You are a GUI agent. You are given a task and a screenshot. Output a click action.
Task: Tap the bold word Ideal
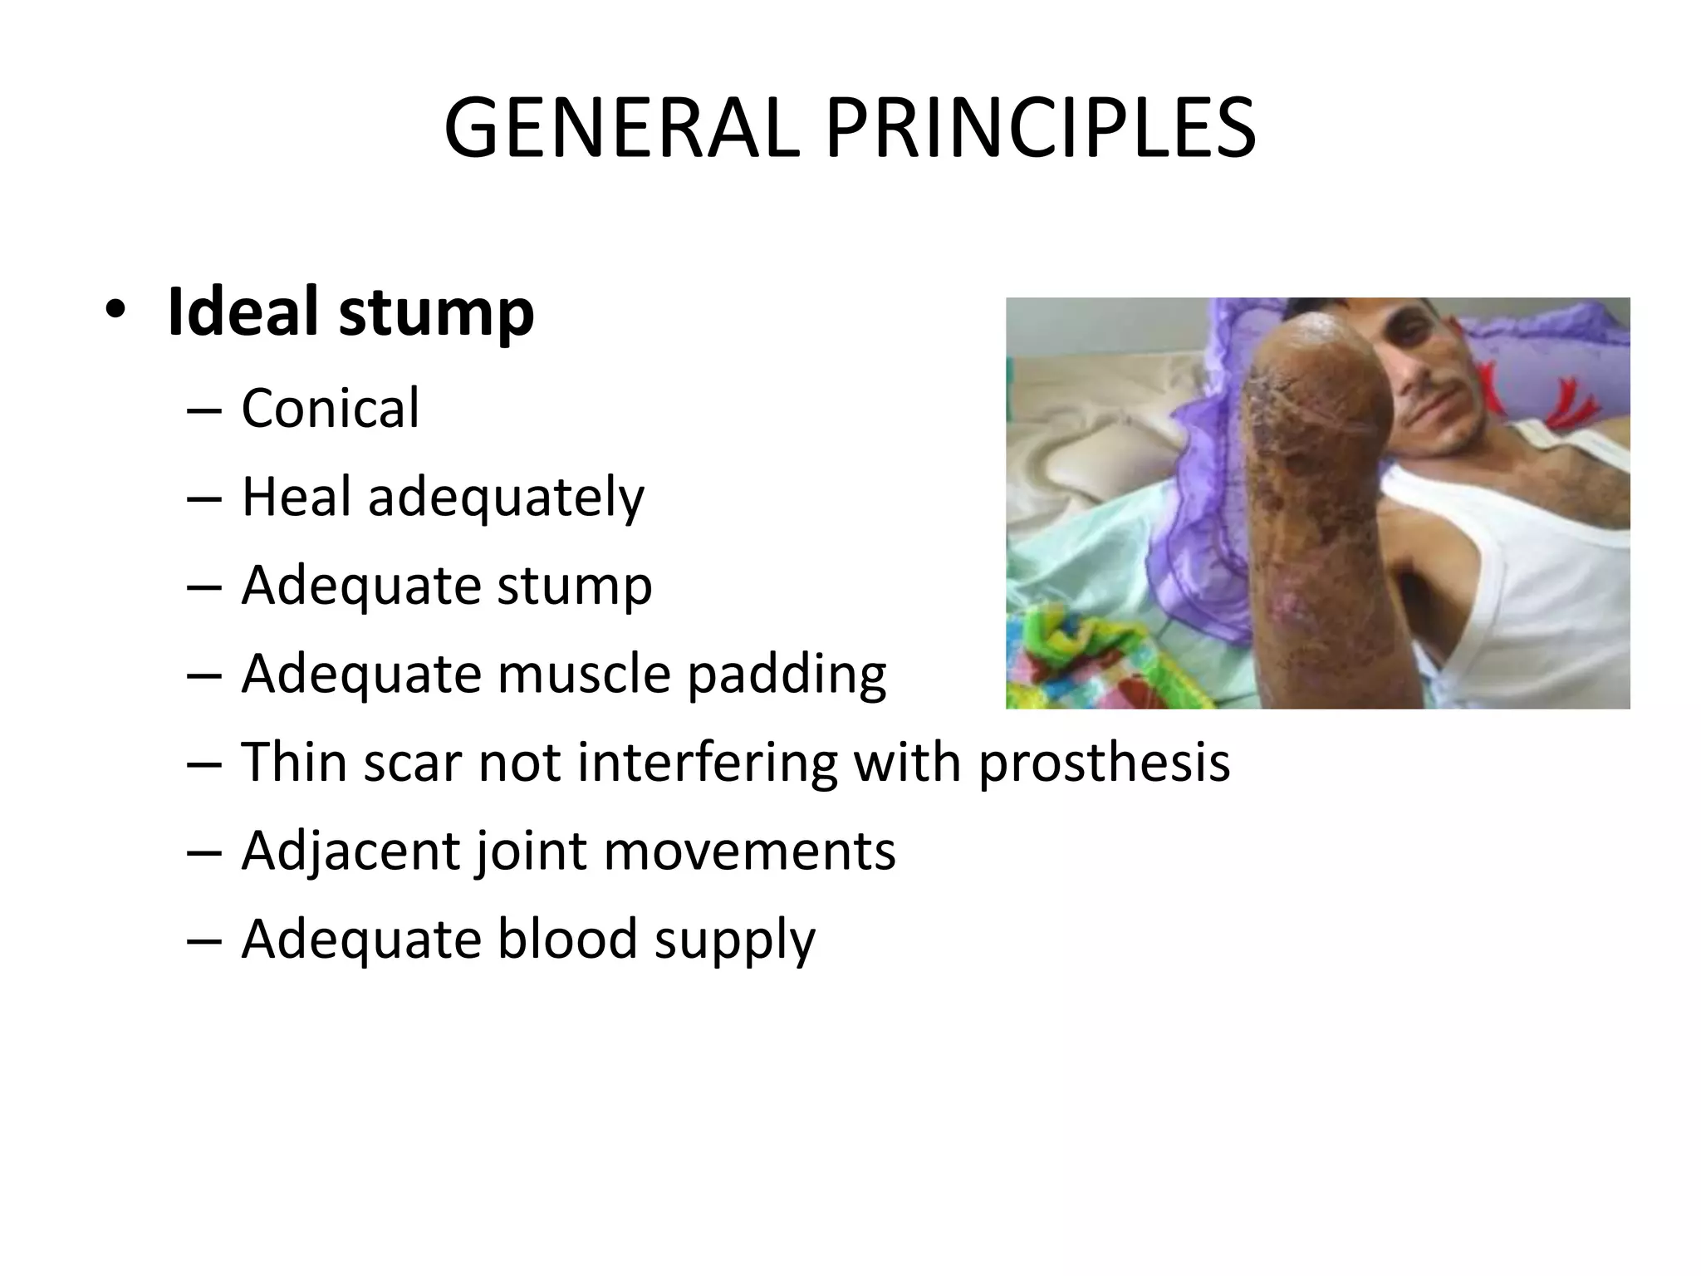(x=243, y=312)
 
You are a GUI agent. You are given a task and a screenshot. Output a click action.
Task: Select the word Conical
(x=330, y=409)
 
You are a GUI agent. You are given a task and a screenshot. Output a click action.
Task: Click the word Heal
(x=296, y=497)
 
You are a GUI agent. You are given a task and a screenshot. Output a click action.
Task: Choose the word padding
(x=787, y=675)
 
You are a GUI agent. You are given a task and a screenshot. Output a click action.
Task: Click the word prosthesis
(x=1104, y=763)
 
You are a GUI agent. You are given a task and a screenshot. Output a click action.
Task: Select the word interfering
(x=708, y=763)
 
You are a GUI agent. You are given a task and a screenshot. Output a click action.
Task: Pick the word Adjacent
(x=349, y=851)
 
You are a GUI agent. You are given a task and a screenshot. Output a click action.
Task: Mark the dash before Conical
(x=204, y=410)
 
